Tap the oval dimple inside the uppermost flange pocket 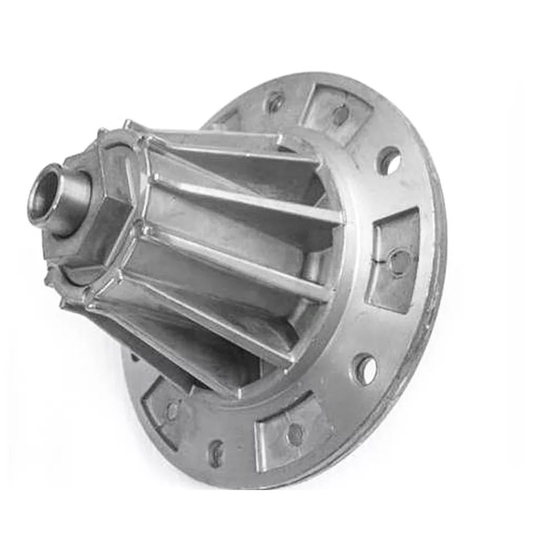click(340, 115)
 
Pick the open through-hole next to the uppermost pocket click(389, 161)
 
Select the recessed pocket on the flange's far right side click(395, 258)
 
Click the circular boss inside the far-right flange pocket click(399, 260)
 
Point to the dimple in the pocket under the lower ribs click(173, 411)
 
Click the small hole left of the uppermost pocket click(274, 102)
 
